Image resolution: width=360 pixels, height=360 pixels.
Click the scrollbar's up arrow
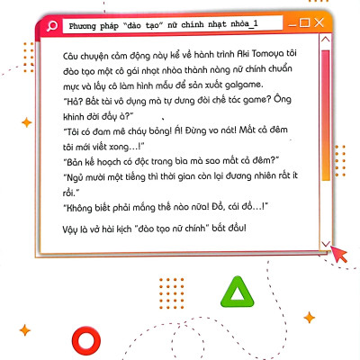324,43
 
